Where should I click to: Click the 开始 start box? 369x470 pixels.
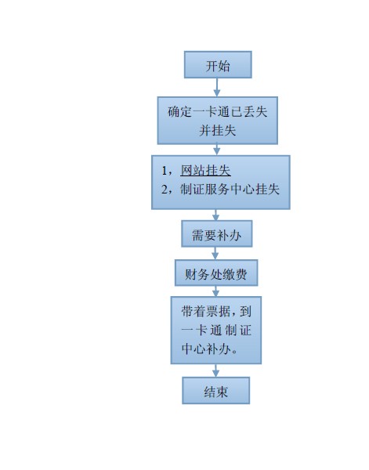click(x=218, y=65)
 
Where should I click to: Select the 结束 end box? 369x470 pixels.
click(x=215, y=391)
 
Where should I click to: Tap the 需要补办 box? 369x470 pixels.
click(x=217, y=233)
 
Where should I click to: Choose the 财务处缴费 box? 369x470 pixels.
click(x=216, y=273)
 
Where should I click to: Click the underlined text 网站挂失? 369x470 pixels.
click(x=205, y=170)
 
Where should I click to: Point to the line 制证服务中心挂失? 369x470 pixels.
click(x=230, y=189)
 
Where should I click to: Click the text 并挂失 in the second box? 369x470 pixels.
click(x=218, y=130)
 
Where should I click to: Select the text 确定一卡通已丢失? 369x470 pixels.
click(x=218, y=112)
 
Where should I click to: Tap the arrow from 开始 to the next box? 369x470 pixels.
click(x=217, y=87)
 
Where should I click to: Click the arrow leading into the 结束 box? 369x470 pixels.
click(x=215, y=371)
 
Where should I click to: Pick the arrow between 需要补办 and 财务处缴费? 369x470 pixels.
click(x=215, y=253)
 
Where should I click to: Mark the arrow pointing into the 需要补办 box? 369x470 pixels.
click(x=215, y=215)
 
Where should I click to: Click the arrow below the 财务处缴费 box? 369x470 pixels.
click(x=215, y=291)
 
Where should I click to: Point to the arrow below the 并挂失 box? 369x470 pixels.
click(x=217, y=150)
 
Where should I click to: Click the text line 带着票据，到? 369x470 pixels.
click(x=216, y=312)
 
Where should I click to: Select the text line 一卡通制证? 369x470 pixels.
click(x=216, y=330)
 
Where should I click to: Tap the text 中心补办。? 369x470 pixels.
click(x=210, y=349)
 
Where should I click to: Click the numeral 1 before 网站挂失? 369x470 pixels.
click(x=165, y=171)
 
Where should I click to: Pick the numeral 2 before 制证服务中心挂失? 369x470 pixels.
click(x=165, y=190)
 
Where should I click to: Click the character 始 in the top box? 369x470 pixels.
click(x=224, y=66)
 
